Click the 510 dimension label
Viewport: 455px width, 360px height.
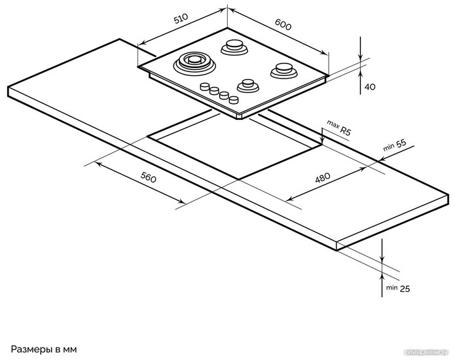(181, 18)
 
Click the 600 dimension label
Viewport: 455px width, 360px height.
(283, 24)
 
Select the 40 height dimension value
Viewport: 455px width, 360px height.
(370, 87)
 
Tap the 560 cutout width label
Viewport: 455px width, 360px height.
(148, 177)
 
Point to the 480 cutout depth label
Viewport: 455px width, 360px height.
(323, 177)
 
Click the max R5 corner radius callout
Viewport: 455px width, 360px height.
(339, 128)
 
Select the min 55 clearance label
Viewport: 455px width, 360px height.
(395, 145)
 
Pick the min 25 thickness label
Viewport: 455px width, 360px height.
(398, 289)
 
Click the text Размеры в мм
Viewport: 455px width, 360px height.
(44, 350)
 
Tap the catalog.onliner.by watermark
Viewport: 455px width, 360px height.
(426, 352)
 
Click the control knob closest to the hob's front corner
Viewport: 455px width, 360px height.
(234, 100)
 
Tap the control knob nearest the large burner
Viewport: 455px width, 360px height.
(205, 86)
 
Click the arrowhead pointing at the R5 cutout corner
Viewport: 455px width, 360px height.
(322, 141)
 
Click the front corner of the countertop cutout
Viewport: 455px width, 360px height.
(238, 179)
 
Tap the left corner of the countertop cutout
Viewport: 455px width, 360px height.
(148, 136)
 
